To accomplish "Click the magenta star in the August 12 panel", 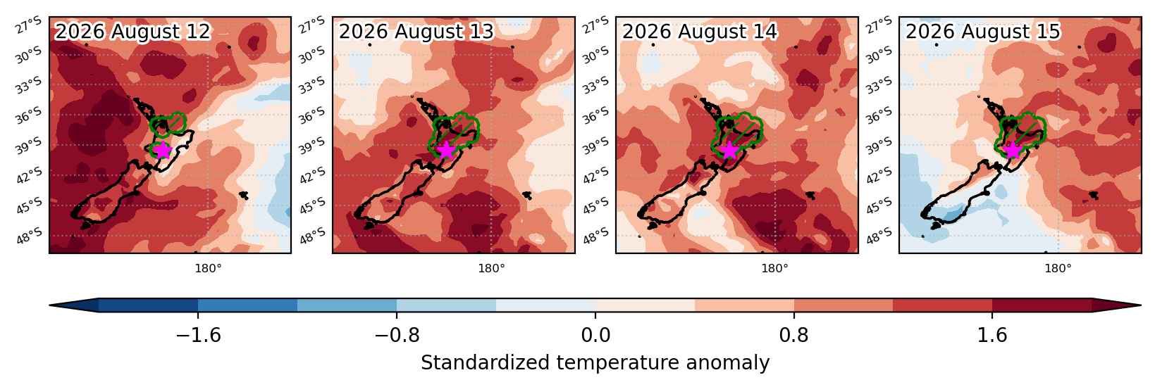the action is click(x=163, y=151).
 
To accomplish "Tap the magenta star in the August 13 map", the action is click(x=446, y=151).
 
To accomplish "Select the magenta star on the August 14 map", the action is click(x=729, y=151).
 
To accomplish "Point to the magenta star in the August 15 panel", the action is click(x=1013, y=151).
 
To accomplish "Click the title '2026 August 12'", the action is click(x=133, y=32).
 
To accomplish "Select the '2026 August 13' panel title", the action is click(x=416, y=32).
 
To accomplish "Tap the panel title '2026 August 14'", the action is click(x=700, y=32).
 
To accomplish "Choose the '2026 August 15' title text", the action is click(x=983, y=32).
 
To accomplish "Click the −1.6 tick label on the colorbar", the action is click(x=199, y=336).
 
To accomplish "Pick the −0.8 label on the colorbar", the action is click(x=397, y=336).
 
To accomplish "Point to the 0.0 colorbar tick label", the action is click(x=595, y=336).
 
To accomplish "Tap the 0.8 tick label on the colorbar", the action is click(x=794, y=336).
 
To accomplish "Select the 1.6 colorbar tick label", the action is click(x=993, y=336).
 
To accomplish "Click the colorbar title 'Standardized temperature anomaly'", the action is click(x=595, y=363).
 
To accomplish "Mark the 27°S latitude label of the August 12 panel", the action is click(x=28, y=25).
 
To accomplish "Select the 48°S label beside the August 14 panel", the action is click(x=596, y=236).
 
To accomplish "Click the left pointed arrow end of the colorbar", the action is click(x=50, y=305).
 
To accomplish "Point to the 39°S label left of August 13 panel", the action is click(x=312, y=146).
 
